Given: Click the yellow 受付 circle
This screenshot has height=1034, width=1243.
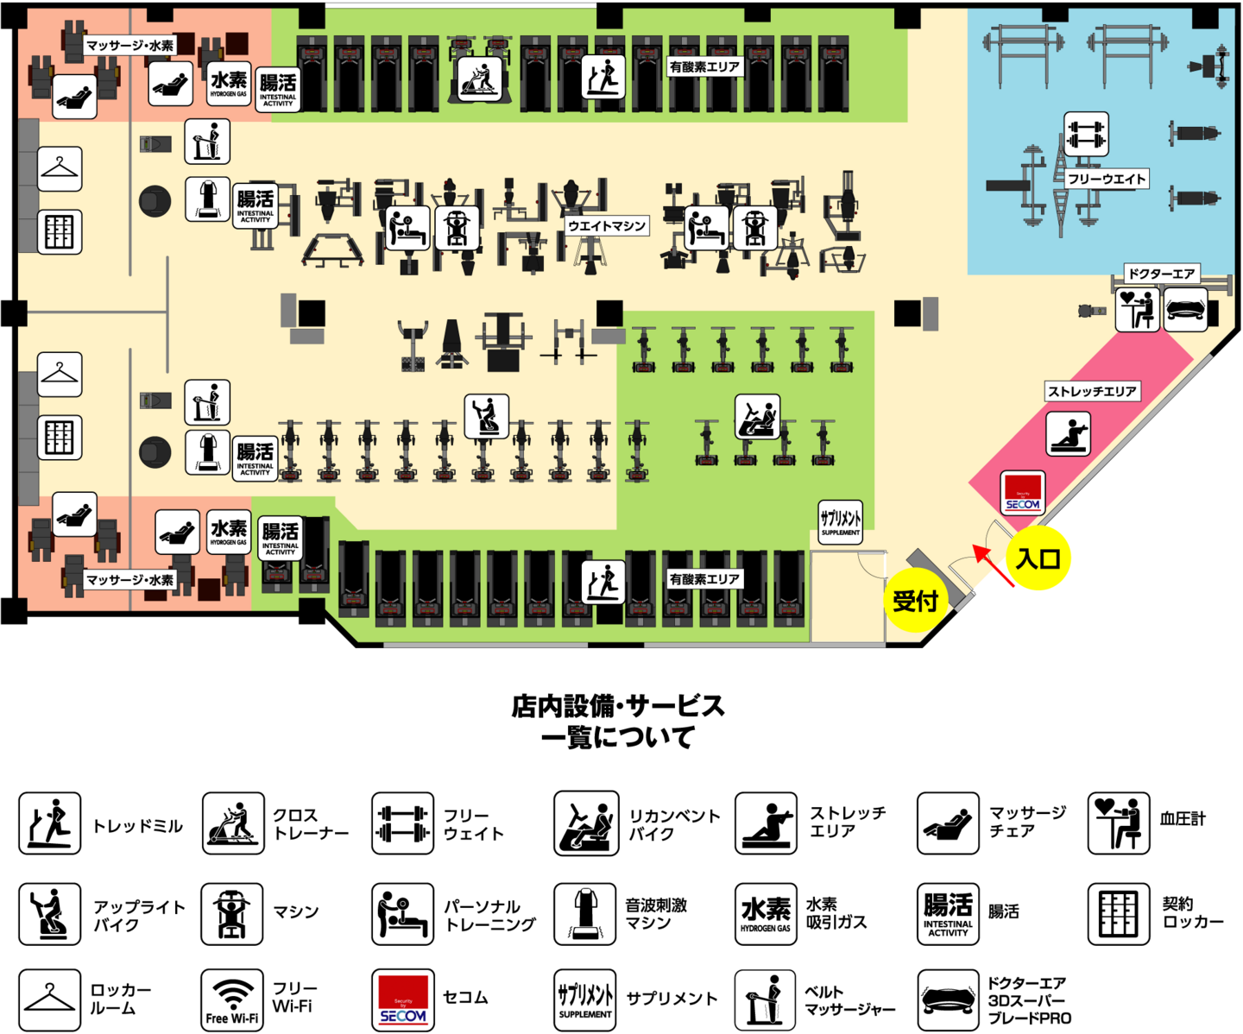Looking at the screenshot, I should [915, 600].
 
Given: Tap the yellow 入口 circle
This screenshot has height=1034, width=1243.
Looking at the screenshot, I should [1038, 558].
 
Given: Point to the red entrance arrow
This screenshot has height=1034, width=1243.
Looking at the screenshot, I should [994, 566].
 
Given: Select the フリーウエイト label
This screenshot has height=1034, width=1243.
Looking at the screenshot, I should [1107, 179].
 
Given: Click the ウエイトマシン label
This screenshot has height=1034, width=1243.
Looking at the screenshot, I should [607, 225].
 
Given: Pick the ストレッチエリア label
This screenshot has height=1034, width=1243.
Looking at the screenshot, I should [1092, 391].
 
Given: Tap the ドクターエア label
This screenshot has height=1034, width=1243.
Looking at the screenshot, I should [1161, 274].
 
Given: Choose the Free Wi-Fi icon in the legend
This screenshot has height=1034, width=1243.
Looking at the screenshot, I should [232, 999].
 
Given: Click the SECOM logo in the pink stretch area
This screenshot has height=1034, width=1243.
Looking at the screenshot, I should [1023, 493].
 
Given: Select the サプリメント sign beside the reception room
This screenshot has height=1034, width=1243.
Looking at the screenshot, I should [840, 521].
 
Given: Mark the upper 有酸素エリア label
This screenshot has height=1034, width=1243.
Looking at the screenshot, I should [704, 66].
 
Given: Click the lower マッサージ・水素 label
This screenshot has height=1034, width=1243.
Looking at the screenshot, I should [129, 579].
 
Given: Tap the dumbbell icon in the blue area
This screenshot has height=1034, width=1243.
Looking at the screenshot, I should [1086, 135].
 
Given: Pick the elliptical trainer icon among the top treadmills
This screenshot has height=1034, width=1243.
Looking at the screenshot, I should [479, 79].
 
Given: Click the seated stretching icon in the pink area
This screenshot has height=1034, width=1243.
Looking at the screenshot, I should [1069, 433].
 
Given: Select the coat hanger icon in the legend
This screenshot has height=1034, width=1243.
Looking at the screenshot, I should [50, 999].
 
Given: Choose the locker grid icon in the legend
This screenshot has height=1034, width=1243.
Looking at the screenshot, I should [1119, 913].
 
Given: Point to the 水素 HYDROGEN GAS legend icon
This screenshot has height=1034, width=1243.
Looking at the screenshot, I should [766, 913].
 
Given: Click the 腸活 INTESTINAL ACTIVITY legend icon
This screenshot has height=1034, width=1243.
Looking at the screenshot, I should [948, 913].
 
